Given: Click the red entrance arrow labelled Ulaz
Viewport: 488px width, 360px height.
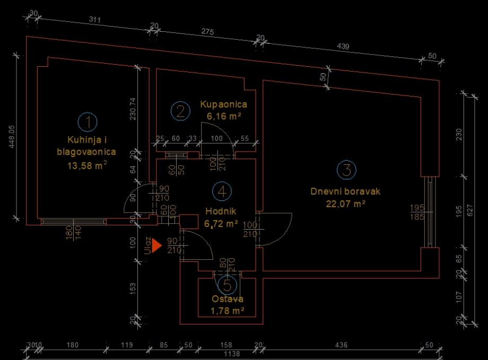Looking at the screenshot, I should click(156, 245).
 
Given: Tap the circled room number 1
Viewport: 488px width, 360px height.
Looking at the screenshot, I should click(88, 122).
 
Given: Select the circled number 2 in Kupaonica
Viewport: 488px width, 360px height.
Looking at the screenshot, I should click(180, 110).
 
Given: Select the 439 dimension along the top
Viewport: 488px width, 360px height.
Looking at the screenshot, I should click(343, 47).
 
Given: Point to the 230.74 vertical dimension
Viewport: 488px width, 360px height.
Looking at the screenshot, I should click(133, 109).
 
